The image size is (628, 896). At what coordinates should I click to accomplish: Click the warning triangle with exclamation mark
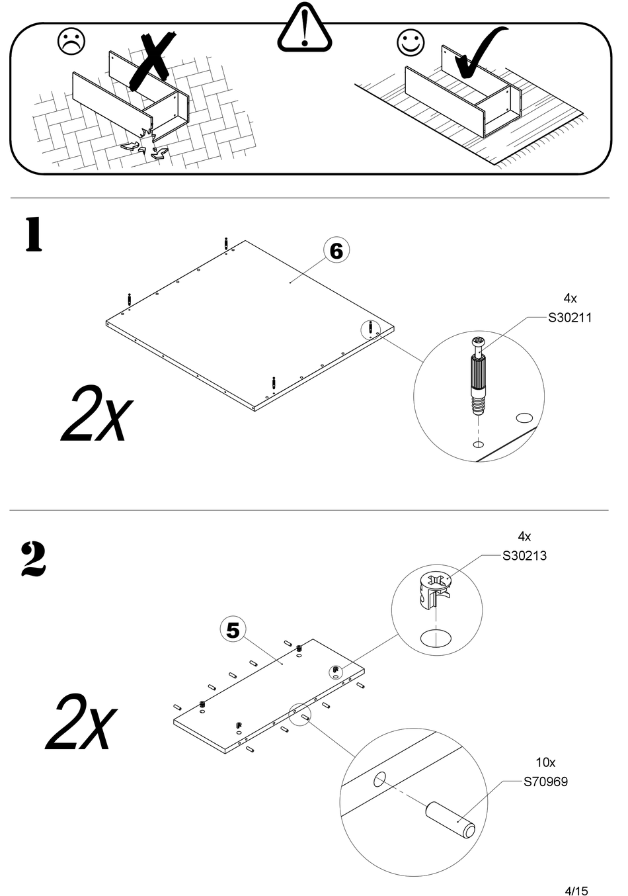coord(304,30)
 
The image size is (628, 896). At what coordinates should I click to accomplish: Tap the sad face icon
coord(71,42)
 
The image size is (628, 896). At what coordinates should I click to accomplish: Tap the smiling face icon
coord(411,42)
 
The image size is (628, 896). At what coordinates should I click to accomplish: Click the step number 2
coord(34,559)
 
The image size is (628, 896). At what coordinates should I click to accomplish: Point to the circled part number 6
coord(336,251)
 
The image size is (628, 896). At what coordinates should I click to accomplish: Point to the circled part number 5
coord(233,631)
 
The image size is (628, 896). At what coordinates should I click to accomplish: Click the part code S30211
coord(570,318)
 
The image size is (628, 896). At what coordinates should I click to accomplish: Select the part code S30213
coord(524,556)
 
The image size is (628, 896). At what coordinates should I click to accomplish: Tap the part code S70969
coord(545,782)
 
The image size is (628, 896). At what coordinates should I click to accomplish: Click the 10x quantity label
coord(545,762)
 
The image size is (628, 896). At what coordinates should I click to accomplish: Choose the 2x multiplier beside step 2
coord(81,723)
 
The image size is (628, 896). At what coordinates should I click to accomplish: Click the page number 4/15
coord(576,873)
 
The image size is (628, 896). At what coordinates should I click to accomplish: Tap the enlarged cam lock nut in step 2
coord(434,589)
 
